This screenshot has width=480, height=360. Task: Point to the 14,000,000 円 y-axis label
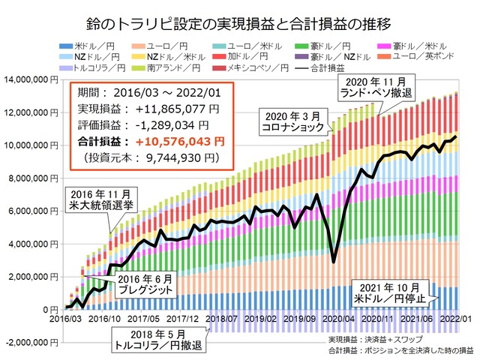pos(31,79)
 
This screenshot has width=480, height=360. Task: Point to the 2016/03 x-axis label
pos(67,318)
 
